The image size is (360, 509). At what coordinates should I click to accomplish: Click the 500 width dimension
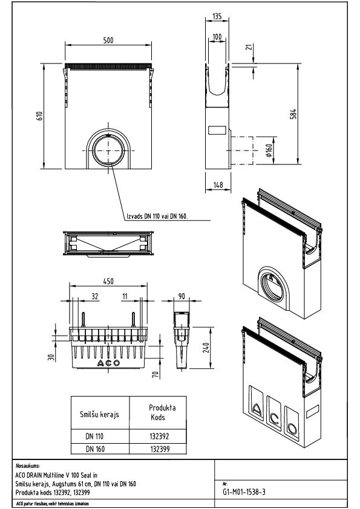pos(107,40)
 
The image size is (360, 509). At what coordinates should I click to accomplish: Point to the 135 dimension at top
pos(217,18)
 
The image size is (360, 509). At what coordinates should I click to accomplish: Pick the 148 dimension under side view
pos(217,184)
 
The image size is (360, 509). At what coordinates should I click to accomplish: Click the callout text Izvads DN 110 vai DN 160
pos(157,215)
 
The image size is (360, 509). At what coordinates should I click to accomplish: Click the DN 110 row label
pos(98,436)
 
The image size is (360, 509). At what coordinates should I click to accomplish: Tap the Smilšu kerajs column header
pos(99,415)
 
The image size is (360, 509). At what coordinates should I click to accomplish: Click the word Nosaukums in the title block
pos(28,466)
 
